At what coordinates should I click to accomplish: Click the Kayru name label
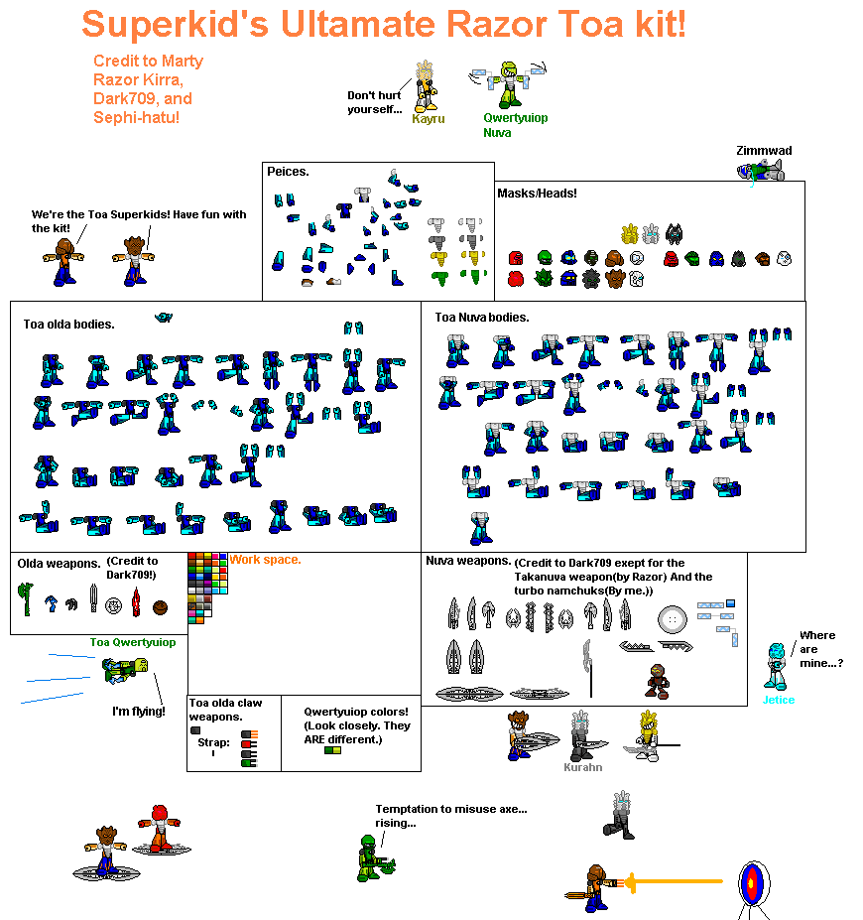pyautogui.click(x=428, y=118)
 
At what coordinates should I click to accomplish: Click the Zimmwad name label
pyautogui.click(x=764, y=151)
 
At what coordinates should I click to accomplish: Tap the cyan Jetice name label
pyautogui.click(x=779, y=700)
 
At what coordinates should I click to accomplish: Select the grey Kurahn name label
pyautogui.click(x=582, y=767)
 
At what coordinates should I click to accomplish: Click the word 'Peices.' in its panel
pyautogui.click(x=288, y=172)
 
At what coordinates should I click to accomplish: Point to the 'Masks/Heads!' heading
pyautogui.click(x=537, y=194)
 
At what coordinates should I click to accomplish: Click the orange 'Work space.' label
pyautogui.click(x=265, y=560)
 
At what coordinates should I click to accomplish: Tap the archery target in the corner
pyautogui.click(x=754, y=883)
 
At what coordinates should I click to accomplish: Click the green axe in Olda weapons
pyautogui.click(x=26, y=598)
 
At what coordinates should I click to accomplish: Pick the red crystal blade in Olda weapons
pyautogui.click(x=136, y=602)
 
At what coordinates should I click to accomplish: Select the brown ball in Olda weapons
pyautogui.click(x=160, y=607)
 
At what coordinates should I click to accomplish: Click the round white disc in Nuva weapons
pyautogui.click(x=672, y=619)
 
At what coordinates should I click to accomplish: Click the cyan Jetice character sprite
pyautogui.click(x=776, y=666)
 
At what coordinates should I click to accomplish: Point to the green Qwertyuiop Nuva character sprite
pyautogui.click(x=508, y=84)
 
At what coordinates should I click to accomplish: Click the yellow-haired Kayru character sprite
pyautogui.click(x=426, y=85)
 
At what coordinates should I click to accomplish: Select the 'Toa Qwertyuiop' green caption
pyautogui.click(x=133, y=642)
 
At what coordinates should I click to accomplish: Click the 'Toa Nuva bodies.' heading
pyautogui.click(x=482, y=318)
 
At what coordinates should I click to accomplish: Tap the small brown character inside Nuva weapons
pyautogui.click(x=658, y=681)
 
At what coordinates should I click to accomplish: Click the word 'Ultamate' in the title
pyautogui.click(x=358, y=24)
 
